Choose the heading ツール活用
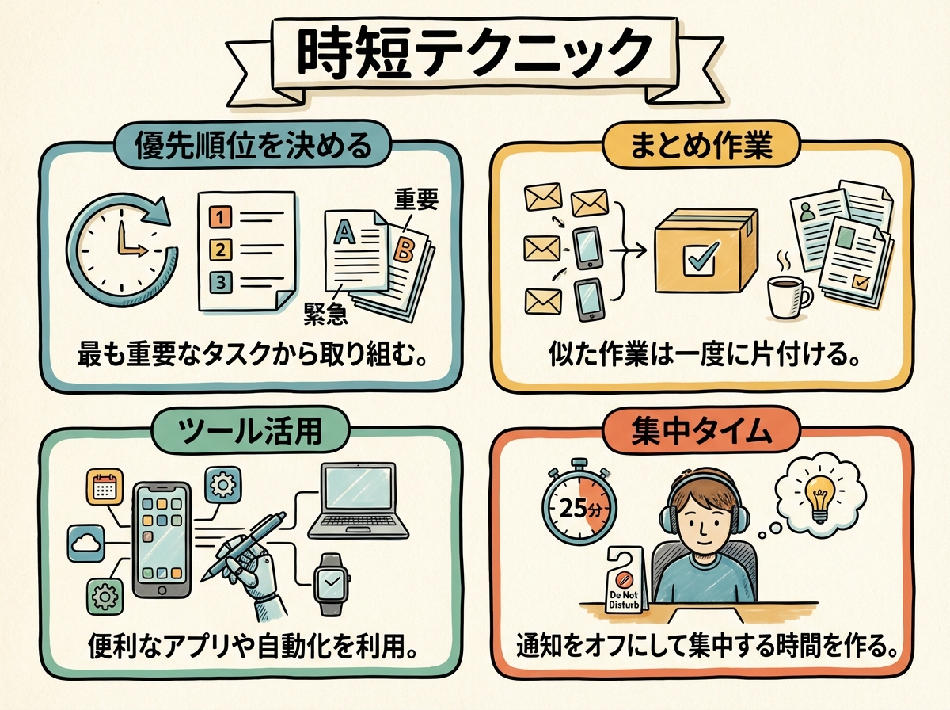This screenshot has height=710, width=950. pos(251,433)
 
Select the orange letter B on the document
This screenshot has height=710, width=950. pos(403,250)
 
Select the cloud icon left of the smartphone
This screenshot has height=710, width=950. pos(86,543)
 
